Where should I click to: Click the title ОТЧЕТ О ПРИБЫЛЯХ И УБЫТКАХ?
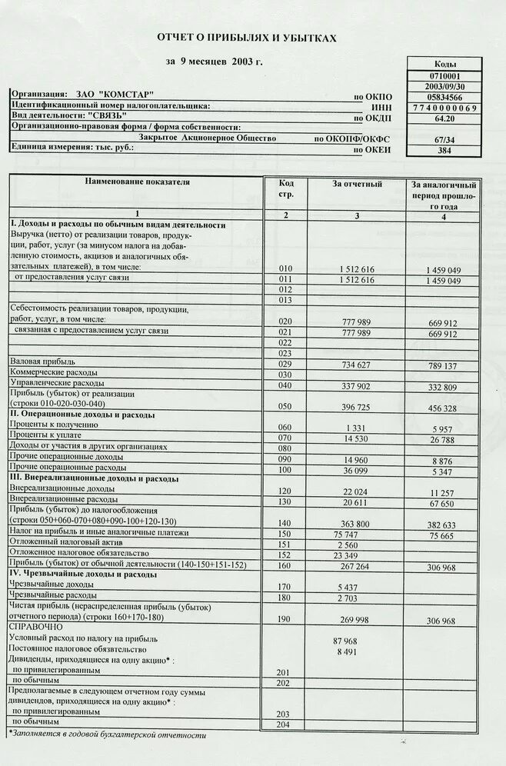(x=247, y=37)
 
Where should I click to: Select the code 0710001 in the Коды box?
(x=445, y=76)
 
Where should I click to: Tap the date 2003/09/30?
(x=445, y=87)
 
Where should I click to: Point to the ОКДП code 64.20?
(x=445, y=119)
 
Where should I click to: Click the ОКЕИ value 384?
(x=445, y=151)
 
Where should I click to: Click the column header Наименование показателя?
(x=136, y=182)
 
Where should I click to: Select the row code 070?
(x=285, y=438)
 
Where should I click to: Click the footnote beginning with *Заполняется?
(x=108, y=734)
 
